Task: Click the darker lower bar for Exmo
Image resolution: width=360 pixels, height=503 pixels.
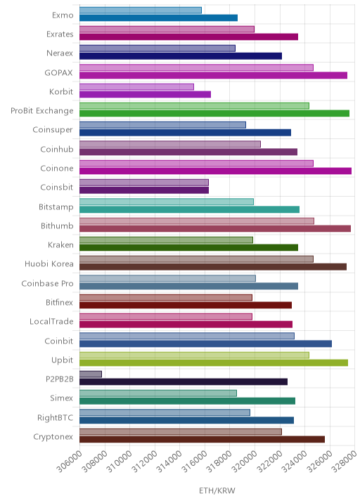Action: pyautogui.click(x=158, y=18)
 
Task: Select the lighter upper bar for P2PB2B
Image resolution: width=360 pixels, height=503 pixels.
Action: pyautogui.click(x=91, y=374)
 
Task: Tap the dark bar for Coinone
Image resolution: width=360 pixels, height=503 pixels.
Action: pyautogui.click(x=215, y=171)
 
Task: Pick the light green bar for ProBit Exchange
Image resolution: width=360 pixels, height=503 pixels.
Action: pyautogui.click(x=194, y=106)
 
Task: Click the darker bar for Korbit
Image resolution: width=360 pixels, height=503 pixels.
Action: pyautogui.click(x=145, y=94)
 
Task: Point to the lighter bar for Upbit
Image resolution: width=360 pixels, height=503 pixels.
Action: pyautogui.click(x=194, y=355)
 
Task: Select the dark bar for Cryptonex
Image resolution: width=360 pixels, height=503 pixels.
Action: pyautogui.click(x=202, y=440)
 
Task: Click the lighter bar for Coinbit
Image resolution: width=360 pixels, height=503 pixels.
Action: pyautogui.click(x=187, y=336)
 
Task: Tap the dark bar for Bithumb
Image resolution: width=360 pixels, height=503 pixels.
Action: pyautogui.click(x=215, y=228)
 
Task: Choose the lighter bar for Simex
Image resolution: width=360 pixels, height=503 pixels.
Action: pyautogui.click(x=158, y=393)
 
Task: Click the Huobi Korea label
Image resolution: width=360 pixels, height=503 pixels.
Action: pyautogui.click(x=49, y=263)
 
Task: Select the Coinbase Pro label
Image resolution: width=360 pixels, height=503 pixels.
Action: pyautogui.click(x=48, y=283)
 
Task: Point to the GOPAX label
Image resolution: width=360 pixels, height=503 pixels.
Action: pyautogui.click(x=58, y=73)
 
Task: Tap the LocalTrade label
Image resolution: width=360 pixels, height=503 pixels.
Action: pyautogui.click(x=51, y=322)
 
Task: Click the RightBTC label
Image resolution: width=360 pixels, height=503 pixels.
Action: pyautogui.click(x=56, y=418)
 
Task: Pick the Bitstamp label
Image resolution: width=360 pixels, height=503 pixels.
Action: pyautogui.click(x=56, y=207)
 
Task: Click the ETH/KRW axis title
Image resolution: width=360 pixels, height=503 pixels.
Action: pyautogui.click(x=217, y=490)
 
